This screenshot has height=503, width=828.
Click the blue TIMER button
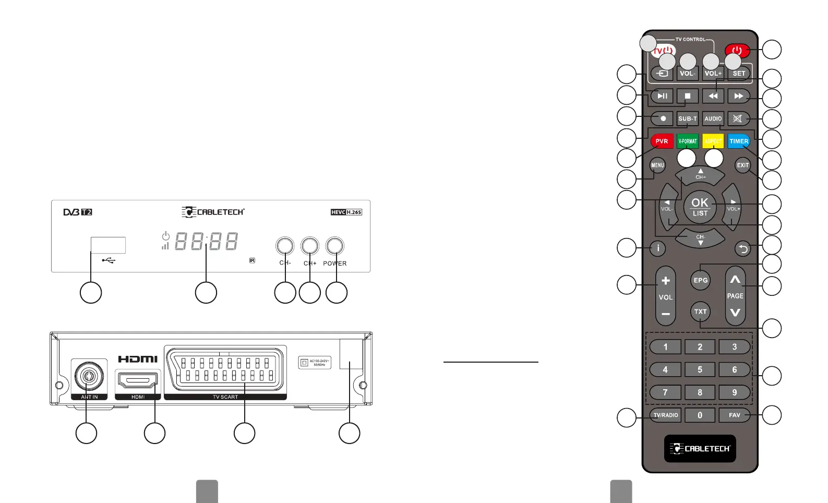739,141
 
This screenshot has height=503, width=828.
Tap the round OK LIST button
700,207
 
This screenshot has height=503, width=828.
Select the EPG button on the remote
700,280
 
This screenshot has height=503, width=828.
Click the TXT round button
700,312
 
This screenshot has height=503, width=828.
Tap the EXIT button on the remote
742,165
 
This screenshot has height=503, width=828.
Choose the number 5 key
700,369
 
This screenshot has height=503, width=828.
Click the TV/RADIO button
666,415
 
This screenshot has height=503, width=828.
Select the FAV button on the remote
734,415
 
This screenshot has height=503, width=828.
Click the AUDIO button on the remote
713,118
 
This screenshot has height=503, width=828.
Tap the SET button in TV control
739,74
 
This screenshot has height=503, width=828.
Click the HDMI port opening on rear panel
138,381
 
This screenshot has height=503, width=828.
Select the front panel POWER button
334,246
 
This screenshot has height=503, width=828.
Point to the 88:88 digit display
206,241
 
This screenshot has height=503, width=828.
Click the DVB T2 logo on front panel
78,212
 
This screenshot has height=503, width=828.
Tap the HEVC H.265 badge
346,212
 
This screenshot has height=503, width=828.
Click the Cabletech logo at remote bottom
700,449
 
